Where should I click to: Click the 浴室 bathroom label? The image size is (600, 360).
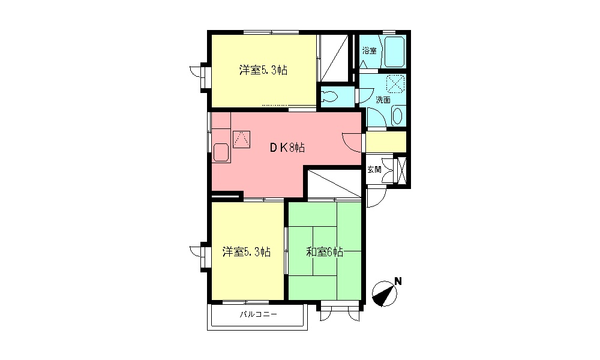[369, 51]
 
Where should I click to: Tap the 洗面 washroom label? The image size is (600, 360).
[383, 100]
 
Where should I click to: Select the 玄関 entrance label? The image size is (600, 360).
[374, 170]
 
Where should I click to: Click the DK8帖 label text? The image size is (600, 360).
[286, 147]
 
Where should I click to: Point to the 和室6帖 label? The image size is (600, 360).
[325, 252]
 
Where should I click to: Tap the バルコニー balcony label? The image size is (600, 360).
[258, 314]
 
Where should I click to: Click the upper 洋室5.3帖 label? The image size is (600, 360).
[263, 70]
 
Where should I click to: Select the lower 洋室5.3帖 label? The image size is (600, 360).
[246, 251]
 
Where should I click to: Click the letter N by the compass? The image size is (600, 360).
[397, 281]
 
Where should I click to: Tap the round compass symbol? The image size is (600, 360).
[384, 293]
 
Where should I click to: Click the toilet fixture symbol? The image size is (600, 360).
[331, 95]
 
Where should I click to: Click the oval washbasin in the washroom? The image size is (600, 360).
[397, 116]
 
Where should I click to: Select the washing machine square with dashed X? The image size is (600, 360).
[395, 83]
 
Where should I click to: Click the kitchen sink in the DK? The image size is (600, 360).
[221, 152]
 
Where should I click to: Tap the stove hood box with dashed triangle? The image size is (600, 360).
[242, 139]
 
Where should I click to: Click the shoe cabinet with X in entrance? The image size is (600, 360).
[402, 170]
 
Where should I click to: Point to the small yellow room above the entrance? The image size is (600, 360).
[386, 142]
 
